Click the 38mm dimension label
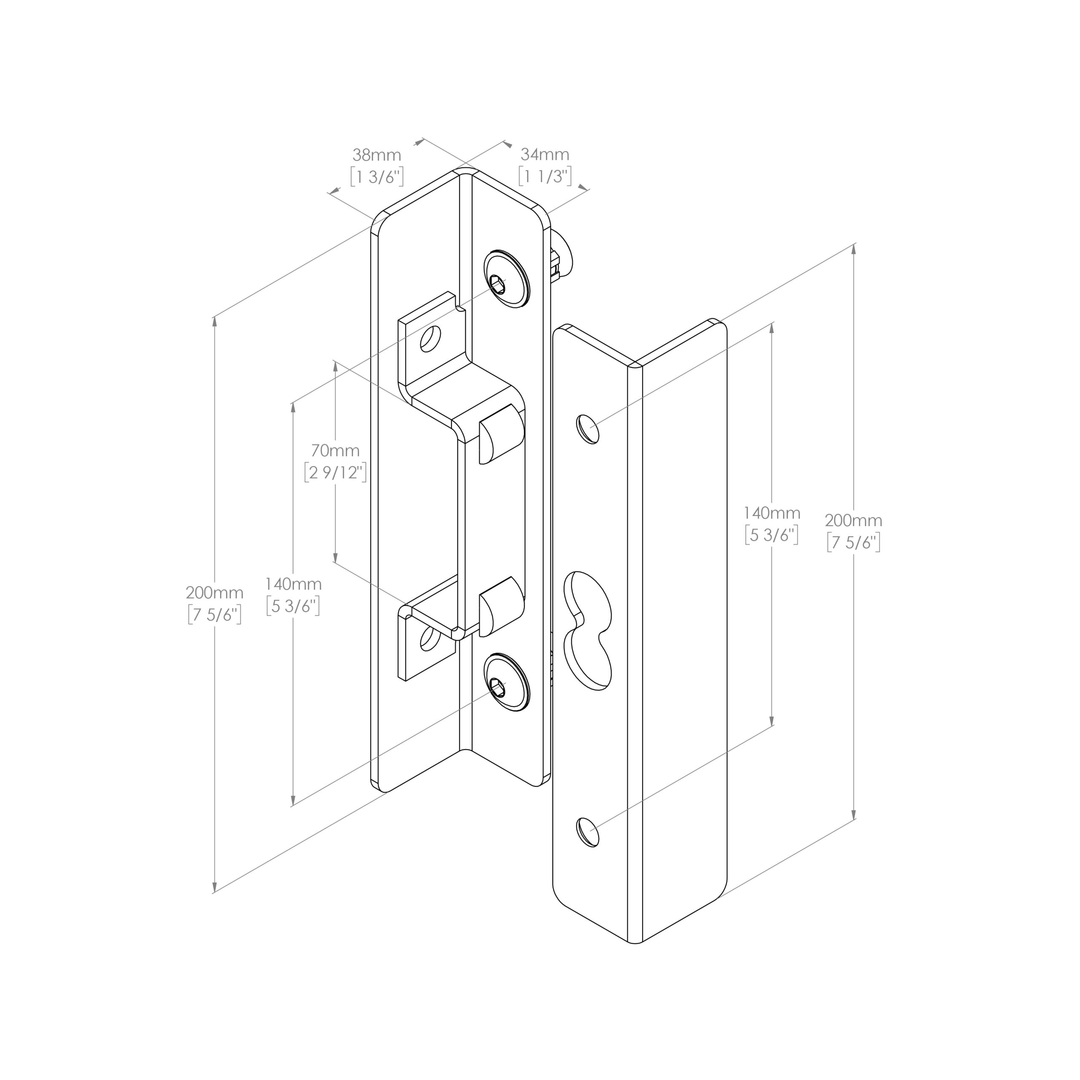(x=376, y=155)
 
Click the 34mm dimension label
(x=545, y=155)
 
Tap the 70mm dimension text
(x=335, y=450)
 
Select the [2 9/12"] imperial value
(x=335, y=472)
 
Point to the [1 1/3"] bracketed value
(x=545, y=177)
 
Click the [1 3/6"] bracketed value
(x=376, y=177)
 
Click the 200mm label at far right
(x=853, y=521)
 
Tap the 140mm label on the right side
(x=772, y=513)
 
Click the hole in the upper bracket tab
(x=430, y=339)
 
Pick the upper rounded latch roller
(x=499, y=435)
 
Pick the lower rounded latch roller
(x=499, y=607)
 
